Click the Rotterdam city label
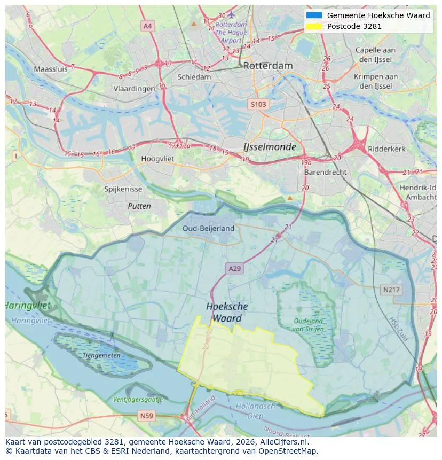click(x=267, y=66)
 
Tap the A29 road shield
click(x=234, y=269)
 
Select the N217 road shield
click(x=391, y=290)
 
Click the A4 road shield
click(x=148, y=26)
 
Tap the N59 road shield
click(x=146, y=415)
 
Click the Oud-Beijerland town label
click(x=208, y=228)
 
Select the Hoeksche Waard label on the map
click(x=227, y=312)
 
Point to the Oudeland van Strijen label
click(x=308, y=325)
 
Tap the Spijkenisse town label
click(x=123, y=189)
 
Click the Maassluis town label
click(x=51, y=69)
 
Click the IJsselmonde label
click(x=270, y=146)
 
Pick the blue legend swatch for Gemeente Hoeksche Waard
click(x=314, y=15)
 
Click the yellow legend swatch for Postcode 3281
click(x=314, y=26)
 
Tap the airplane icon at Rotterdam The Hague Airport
click(x=231, y=14)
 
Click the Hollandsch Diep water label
click(x=256, y=410)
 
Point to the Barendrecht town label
click(x=325, y=173)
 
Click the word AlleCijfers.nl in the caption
click(x=285, y=442)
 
